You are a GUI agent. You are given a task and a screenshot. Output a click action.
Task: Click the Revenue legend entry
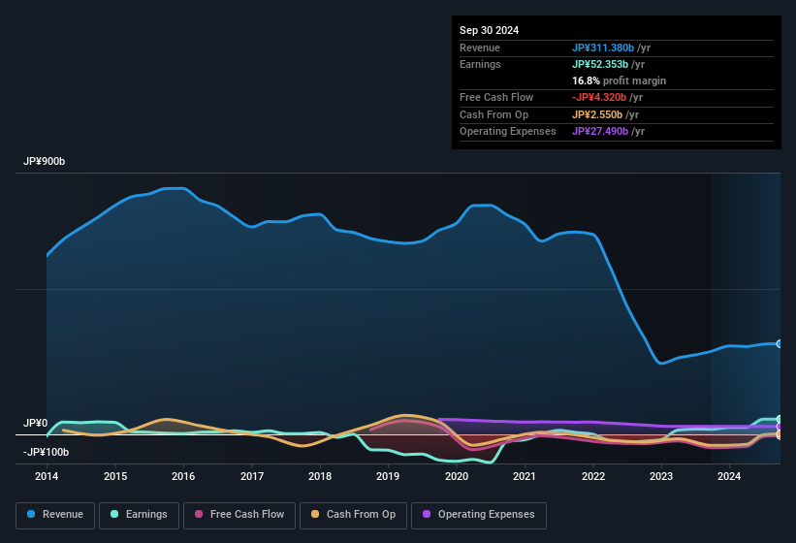coord(55,515)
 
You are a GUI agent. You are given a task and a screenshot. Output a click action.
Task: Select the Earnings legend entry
coord(140,515)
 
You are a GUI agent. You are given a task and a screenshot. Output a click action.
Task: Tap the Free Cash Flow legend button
coord(239,515)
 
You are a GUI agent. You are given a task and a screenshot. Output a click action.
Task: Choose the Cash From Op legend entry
coord(352,515)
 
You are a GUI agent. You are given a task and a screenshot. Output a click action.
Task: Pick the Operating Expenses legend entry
coord(479,515)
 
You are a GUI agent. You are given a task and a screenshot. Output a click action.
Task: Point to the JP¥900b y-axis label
coord(44,162)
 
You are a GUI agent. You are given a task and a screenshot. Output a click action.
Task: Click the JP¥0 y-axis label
coord(35,424)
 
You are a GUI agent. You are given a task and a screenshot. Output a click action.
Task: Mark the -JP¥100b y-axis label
coord(46,452)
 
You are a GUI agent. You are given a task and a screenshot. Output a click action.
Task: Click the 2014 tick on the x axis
coord(47,476)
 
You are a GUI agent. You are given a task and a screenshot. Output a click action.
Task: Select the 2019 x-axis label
coord(388,476)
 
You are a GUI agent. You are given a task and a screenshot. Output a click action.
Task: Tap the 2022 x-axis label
coord(592,476)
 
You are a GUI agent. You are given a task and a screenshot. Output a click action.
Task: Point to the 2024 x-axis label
coord(729,476)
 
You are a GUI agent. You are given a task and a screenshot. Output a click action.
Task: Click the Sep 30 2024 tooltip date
coord(489,30)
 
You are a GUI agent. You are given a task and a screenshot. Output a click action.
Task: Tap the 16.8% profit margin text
coord(619,80)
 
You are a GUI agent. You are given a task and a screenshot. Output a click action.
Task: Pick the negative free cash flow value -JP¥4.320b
coord(607,97)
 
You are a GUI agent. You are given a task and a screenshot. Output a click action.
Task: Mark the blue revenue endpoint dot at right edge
coord(779,344)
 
